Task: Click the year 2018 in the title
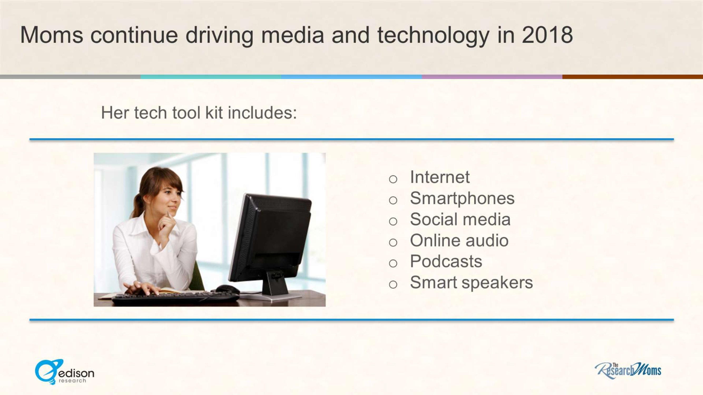tap(547, 35)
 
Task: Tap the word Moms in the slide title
tap(52, 35)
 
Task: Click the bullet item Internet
tap(440, 177)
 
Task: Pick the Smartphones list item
tap(462, 199)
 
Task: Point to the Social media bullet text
tap(460, 219)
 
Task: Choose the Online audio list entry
tap(459, 240)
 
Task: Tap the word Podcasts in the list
tap(446, 261)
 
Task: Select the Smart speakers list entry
tap(471, 283)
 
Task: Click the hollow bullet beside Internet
tap(393, 179)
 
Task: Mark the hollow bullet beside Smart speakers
tap(393, 284)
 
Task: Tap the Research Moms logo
tap(628, 371)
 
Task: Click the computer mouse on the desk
tap(228, 289)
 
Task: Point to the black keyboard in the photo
tap(176, 299)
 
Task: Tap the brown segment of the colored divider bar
tap(633, 77)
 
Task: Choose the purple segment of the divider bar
tap(492, 77)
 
